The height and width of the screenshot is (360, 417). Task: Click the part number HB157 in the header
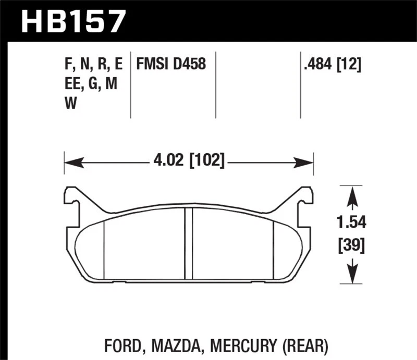[x=73, y=21]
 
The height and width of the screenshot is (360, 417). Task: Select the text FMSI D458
[x=171, y=65]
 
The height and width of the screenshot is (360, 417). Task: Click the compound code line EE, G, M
[x=88, y=84]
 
